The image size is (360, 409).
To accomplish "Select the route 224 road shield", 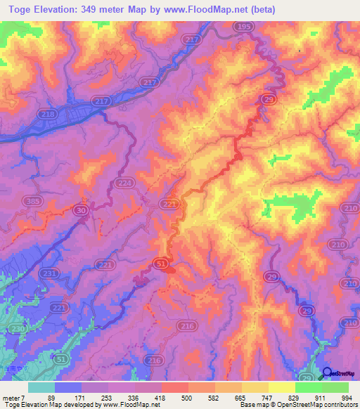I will [124, 183].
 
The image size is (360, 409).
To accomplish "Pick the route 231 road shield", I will [49, 273].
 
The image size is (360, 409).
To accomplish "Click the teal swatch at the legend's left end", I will [41, 387].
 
